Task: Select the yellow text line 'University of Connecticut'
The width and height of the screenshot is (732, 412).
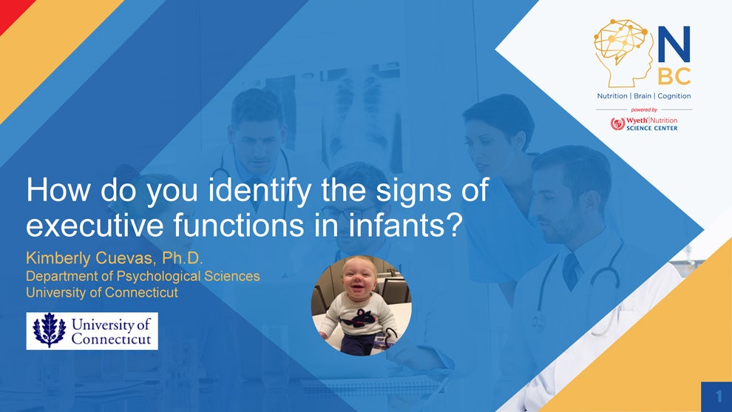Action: (102, 293)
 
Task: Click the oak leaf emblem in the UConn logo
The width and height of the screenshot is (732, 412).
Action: (49, 330)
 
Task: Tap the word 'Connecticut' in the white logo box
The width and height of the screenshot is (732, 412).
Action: (111, 339)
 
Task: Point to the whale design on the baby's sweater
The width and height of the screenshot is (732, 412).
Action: (359, 317)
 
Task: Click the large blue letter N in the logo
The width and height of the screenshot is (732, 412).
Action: (674, 44)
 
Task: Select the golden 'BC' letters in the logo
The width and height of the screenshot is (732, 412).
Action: (674, 76)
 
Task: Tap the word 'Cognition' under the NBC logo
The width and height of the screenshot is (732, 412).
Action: (674, 96)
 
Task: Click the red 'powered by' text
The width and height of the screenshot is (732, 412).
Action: (644, 109)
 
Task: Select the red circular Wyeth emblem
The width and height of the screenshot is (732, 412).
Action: (617, 124)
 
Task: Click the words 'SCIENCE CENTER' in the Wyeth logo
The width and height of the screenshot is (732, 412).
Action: (651, 128)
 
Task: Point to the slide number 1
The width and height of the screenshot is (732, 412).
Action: (719, 396)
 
